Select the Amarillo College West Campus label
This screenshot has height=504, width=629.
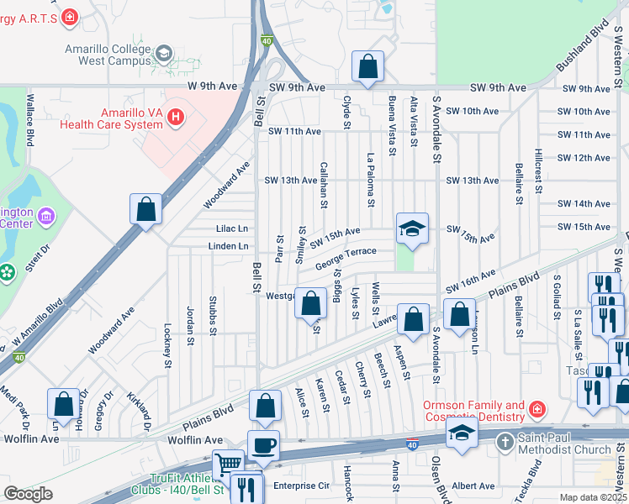(109, 55)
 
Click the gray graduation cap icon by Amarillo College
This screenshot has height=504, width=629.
(163, 55)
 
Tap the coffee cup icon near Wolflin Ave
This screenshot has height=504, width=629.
(263, 445)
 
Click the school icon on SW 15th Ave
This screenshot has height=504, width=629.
(412, 230)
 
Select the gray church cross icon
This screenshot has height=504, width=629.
(504, 442)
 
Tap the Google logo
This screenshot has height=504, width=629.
(28, 494)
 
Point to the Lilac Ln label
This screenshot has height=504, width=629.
(232, 228)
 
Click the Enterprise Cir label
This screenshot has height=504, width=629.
(302, 486)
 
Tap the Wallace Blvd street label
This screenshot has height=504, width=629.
(29, 122)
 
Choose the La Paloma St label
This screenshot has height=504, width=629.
(370, 179)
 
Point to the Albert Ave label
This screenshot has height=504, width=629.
(473, 486)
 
